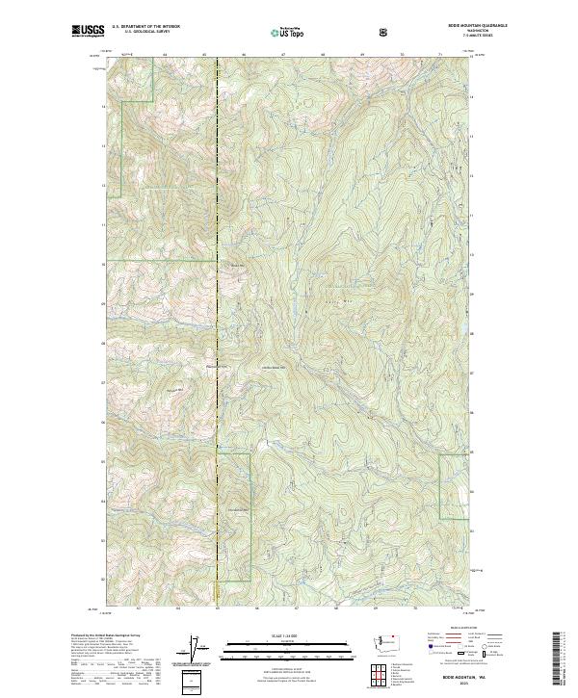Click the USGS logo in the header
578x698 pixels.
coord(87,32)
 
